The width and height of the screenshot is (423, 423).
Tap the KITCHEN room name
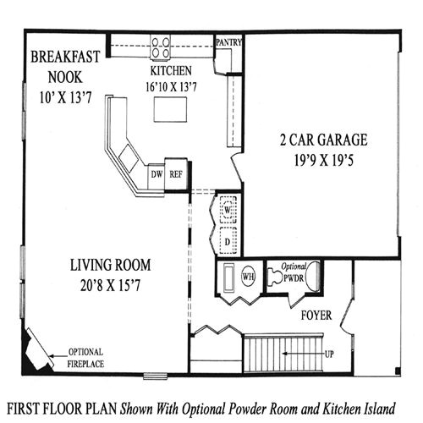(x=171, y=71)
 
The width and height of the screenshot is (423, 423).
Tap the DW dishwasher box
(x=156, y=174)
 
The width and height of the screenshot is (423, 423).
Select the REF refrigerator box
(x=175, y=174)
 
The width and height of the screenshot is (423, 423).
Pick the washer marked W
(x=227, y=209)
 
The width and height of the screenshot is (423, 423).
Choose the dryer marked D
(x=227, y=239)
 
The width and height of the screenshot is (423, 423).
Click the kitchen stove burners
(x=162, y=44)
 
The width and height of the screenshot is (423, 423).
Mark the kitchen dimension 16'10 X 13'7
(x=171, y=85)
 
